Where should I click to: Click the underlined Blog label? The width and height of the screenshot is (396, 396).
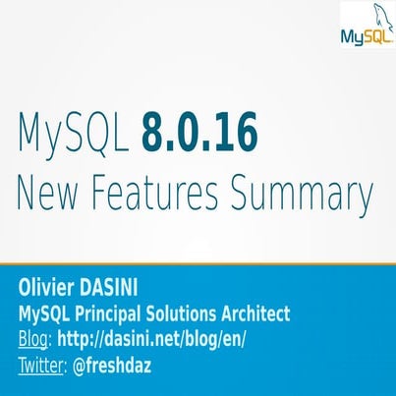click(33, 341)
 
